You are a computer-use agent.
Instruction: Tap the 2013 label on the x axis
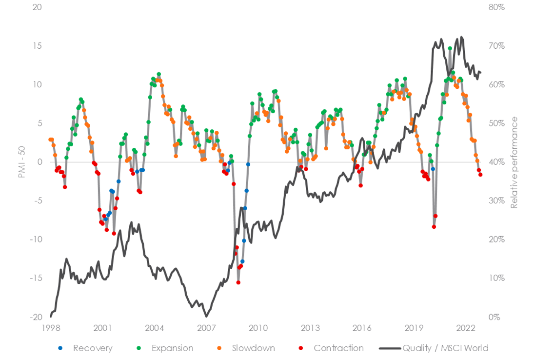[x=310, y=327]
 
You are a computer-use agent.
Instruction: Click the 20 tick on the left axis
[x=37, y=8]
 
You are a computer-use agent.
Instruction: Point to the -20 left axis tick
[x=35, y=317]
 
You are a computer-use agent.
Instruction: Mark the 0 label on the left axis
[x=40, y=162]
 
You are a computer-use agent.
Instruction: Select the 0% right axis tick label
[x=494, y=317]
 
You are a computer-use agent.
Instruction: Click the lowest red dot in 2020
[x=434, y=226]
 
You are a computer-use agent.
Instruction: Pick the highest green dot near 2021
[x=450, y=48]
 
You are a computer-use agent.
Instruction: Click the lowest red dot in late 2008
[x=238, y=282]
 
